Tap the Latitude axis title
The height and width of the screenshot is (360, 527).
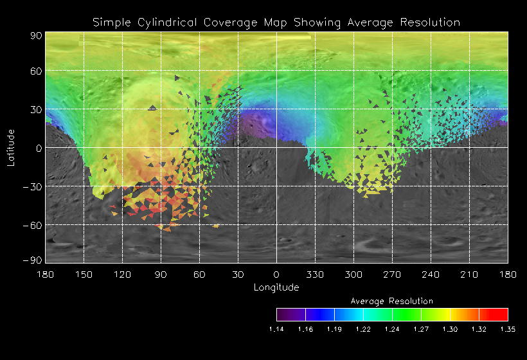point(11,148)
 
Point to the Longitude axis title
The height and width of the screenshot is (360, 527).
point(276,287)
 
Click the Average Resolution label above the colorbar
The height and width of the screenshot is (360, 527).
point(392,301)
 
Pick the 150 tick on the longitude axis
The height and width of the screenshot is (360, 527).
point(84,274)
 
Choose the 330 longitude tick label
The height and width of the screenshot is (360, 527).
point(315,274)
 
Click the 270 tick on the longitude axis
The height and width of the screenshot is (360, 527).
point(392,274)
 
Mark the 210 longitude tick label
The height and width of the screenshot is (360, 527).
point(469,274)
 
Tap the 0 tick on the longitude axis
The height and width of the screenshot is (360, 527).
point(276,274)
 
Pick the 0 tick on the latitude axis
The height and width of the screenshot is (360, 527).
point(39,148)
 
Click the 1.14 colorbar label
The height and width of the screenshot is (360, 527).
point(276,329)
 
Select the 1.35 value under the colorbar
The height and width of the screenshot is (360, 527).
point(508,329)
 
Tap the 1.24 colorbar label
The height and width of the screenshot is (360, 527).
point(392,329)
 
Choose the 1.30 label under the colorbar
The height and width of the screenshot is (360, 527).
point(450,329)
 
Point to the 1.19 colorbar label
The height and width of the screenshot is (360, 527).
point(334,329)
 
